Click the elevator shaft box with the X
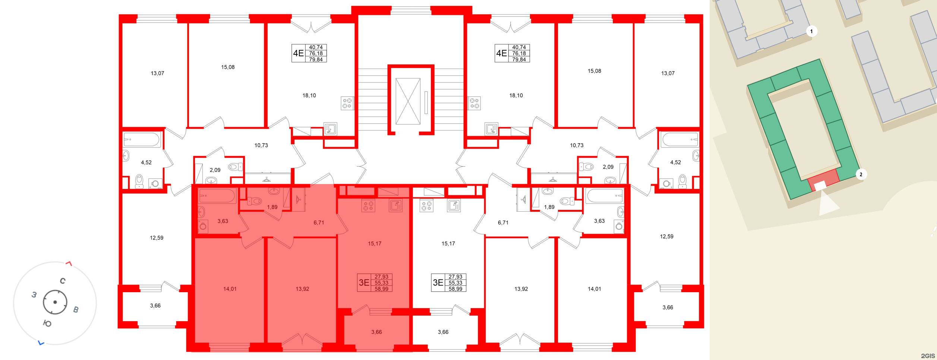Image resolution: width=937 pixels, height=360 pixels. [408, 101]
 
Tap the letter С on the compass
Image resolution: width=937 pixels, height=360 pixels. [63, 281]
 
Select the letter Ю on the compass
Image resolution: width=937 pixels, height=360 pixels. [47, 323]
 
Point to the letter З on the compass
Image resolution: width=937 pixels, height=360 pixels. [34, 295]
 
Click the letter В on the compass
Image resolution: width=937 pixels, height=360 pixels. [76, 310]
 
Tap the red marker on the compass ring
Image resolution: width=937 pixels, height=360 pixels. [69, 264]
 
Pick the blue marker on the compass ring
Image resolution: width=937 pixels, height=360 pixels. [41, 343]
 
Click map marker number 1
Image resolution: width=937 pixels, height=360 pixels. [811, 31]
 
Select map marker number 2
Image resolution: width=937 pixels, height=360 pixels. [861, 174]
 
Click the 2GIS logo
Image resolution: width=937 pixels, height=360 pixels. [927, 356]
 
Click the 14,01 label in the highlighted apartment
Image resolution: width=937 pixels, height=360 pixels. [230, 289]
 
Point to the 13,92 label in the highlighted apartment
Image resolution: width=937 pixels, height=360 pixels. [302, 289]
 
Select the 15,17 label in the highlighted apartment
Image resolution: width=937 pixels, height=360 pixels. [375, 244]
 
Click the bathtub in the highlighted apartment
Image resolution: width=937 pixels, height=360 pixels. [217, 196]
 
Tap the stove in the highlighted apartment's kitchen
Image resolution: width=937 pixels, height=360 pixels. [368, 206]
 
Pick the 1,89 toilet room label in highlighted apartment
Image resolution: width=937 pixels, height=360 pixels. [272, 207]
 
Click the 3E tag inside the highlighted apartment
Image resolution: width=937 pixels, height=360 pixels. [364, 283]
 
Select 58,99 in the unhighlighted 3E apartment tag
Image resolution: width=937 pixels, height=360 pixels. [455, 289]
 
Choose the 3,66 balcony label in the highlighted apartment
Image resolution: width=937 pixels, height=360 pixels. [376, 332]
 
